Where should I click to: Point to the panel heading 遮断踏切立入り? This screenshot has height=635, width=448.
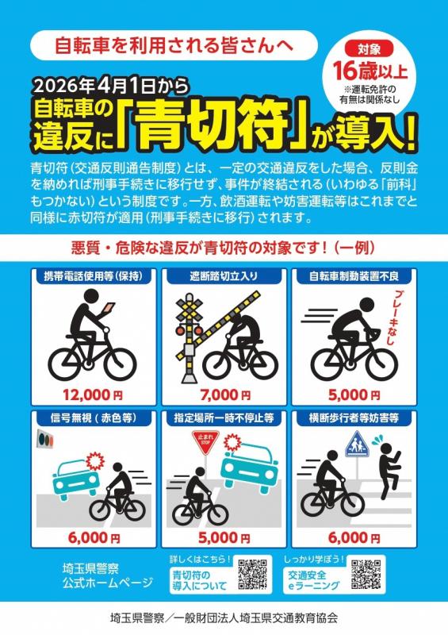(224, 278)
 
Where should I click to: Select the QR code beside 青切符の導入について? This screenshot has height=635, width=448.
(252, 575)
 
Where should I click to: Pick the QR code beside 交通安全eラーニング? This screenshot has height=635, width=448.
(366, 575)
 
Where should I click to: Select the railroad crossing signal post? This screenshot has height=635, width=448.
(189, 333)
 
